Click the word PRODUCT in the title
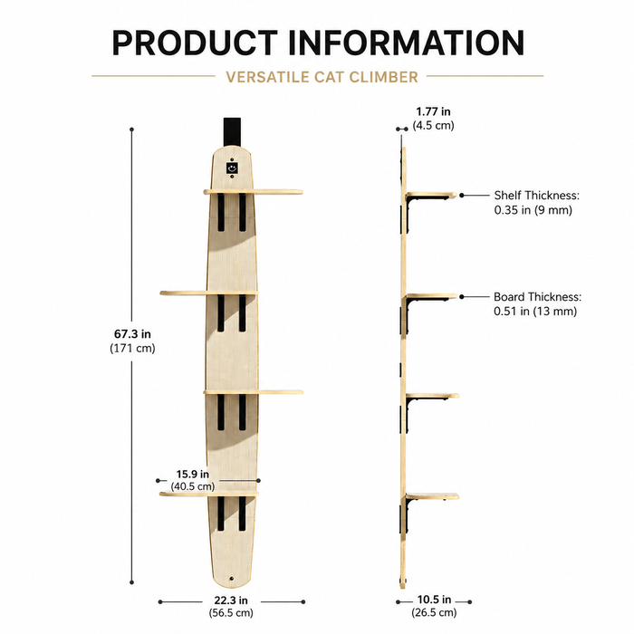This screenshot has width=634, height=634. (195, 43)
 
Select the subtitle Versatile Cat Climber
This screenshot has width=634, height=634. (322, 77)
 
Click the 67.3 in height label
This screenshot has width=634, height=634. (132, 334)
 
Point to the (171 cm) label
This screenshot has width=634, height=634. (132, 348)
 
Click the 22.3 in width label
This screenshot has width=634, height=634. (231, 600)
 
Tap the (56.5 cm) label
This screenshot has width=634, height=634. (231, 612)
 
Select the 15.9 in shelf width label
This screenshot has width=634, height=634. (192, 474)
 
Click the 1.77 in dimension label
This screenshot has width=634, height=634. (433, 111)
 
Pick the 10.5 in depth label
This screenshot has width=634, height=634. (434, 600)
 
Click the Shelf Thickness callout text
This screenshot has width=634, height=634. (536, 203)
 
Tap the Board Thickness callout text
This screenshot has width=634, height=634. (537, 304)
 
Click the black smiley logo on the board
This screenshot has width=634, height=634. (232, 168)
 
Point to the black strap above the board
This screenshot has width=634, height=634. (232, 132)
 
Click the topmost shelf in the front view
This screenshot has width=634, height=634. (253, 192)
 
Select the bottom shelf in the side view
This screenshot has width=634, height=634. (432, 496)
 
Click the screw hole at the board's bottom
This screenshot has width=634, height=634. (231, 579)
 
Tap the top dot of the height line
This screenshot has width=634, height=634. (132, 130)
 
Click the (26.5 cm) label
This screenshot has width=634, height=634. (434, 612)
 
